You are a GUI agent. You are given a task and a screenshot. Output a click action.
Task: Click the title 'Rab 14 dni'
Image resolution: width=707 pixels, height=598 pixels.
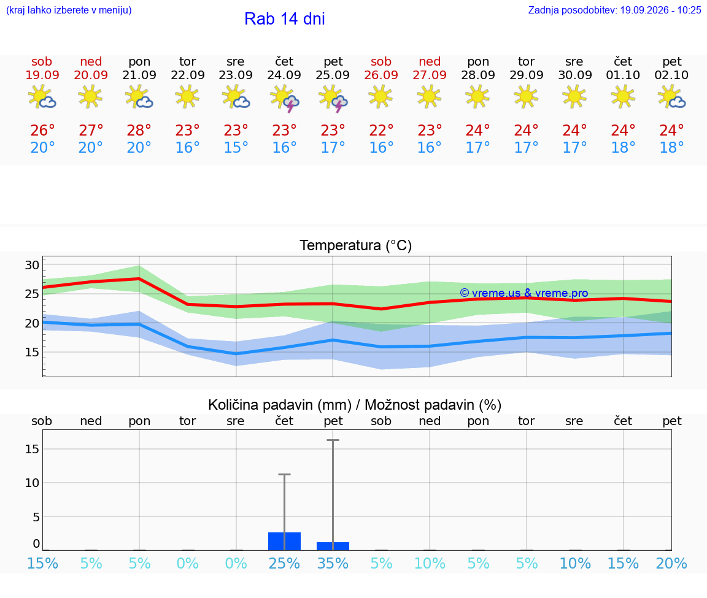point(285,19)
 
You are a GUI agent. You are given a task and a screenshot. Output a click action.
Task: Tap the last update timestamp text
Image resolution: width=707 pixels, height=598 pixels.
point(614,10)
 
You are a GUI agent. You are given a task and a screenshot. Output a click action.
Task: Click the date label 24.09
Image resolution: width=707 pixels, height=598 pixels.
point(284,75)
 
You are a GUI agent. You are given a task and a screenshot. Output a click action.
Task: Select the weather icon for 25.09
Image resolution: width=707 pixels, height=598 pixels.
point(333,98)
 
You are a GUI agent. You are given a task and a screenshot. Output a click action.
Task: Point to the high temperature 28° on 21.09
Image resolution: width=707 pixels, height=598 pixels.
point(139,130)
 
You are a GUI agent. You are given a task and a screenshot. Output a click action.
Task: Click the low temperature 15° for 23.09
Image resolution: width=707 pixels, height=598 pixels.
point(236,147)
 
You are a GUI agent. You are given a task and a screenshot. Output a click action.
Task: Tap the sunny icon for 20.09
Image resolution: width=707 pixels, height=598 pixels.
point(90,96)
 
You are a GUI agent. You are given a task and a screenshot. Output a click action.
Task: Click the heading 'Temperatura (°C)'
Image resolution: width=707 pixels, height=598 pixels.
point(356,245)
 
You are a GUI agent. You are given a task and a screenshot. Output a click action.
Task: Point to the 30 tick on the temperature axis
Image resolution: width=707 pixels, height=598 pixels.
point(32,265)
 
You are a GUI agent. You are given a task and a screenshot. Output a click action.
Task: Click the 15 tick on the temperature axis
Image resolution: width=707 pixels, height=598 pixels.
point(32,352)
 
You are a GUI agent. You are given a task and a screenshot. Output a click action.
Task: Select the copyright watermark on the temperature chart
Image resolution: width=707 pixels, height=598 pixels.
point(524,293)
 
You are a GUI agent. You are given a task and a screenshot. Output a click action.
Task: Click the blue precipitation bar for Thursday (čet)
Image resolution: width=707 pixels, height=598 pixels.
point(285,541)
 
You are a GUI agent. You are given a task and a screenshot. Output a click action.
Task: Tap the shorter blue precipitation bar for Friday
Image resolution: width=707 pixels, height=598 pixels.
point(333,546)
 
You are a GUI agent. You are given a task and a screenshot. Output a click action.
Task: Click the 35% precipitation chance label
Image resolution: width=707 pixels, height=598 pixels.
point(333,563)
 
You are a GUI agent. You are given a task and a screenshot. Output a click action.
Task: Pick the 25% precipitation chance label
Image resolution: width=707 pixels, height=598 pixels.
point(284,563)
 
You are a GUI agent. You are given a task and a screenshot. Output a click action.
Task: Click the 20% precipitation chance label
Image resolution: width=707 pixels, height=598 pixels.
point(671,563)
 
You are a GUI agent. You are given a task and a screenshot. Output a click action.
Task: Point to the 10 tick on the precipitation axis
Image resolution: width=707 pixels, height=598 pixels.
point(32,483)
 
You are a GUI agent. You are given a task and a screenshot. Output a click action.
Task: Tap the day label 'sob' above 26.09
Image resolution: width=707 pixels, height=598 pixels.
point(381,62)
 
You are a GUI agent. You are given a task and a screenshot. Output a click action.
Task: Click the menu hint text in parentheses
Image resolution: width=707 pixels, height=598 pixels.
point(69,10)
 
